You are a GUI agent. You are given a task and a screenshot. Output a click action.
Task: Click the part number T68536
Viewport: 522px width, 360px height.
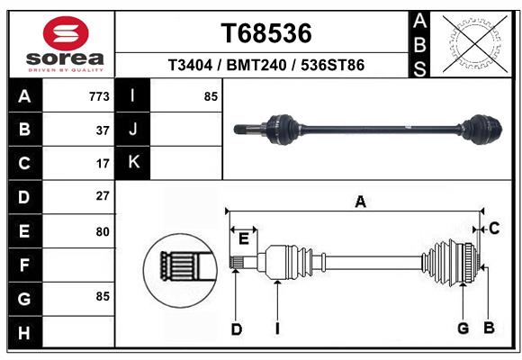coord(266,33)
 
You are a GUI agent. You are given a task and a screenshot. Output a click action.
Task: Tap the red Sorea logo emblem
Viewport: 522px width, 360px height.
coord(66,33)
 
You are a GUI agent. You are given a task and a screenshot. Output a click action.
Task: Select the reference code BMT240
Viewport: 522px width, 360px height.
coord(256,65)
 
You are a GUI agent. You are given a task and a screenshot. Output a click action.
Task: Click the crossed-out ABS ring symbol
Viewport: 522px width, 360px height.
coord(475,44)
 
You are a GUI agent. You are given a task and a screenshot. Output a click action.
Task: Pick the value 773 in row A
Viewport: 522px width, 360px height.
coord(99,96)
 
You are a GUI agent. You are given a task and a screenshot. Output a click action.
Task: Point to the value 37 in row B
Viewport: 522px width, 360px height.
coord(103,130)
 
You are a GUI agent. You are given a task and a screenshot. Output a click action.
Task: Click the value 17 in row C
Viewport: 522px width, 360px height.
coord(103,164)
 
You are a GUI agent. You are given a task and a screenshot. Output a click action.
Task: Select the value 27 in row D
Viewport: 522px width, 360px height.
coord(103,196)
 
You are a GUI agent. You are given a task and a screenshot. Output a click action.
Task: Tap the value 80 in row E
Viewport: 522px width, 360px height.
coord(103,231)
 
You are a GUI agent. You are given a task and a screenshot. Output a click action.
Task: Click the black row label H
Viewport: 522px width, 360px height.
coord(25,333)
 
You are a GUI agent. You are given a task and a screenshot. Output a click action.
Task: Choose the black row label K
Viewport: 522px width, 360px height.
coord(133,162)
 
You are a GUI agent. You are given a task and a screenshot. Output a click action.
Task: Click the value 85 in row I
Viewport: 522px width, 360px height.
coord(211,96)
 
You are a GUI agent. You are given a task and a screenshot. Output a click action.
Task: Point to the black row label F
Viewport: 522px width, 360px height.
coord(25,265)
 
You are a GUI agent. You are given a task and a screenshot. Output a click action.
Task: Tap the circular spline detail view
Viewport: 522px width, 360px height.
coord(180,270)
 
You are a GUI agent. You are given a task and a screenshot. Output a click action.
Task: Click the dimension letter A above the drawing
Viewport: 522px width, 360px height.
coord(361,202)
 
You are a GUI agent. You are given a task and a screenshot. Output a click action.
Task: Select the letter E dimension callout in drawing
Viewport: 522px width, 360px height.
coord(244,238)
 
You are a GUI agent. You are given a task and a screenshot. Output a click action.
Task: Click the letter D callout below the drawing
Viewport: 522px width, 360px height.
coord(237,329)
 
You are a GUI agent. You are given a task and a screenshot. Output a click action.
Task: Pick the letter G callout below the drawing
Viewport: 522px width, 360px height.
coord(463,328)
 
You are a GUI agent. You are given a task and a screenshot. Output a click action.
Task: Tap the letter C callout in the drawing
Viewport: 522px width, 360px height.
coord(494,229)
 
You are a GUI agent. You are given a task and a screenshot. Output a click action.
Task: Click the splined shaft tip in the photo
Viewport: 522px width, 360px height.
coord(246,130)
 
